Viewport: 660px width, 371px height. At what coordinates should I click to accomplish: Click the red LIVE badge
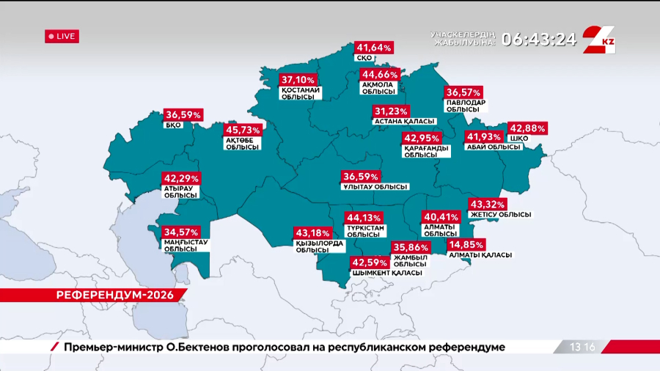point(62,36)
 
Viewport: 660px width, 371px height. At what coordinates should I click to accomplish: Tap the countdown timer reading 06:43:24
point(539,39)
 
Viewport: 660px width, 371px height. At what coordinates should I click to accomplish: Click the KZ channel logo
point(600,40)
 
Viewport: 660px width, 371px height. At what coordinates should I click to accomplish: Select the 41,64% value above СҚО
point(374,48)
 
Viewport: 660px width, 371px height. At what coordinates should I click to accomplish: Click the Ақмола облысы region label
point(378,89)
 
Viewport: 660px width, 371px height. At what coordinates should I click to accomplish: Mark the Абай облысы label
point(494,147)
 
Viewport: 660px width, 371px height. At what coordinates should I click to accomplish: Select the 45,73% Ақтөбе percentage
point(243,130)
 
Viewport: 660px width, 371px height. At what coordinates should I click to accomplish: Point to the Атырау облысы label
point(180,192)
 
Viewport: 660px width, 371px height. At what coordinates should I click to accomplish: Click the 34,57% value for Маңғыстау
point(181,232)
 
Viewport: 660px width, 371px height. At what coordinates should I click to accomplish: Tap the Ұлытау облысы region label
point(375,187)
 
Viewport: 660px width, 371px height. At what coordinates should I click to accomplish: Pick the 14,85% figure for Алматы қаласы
point(466,244)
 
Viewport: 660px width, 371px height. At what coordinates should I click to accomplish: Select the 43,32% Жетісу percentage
point(487,204)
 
